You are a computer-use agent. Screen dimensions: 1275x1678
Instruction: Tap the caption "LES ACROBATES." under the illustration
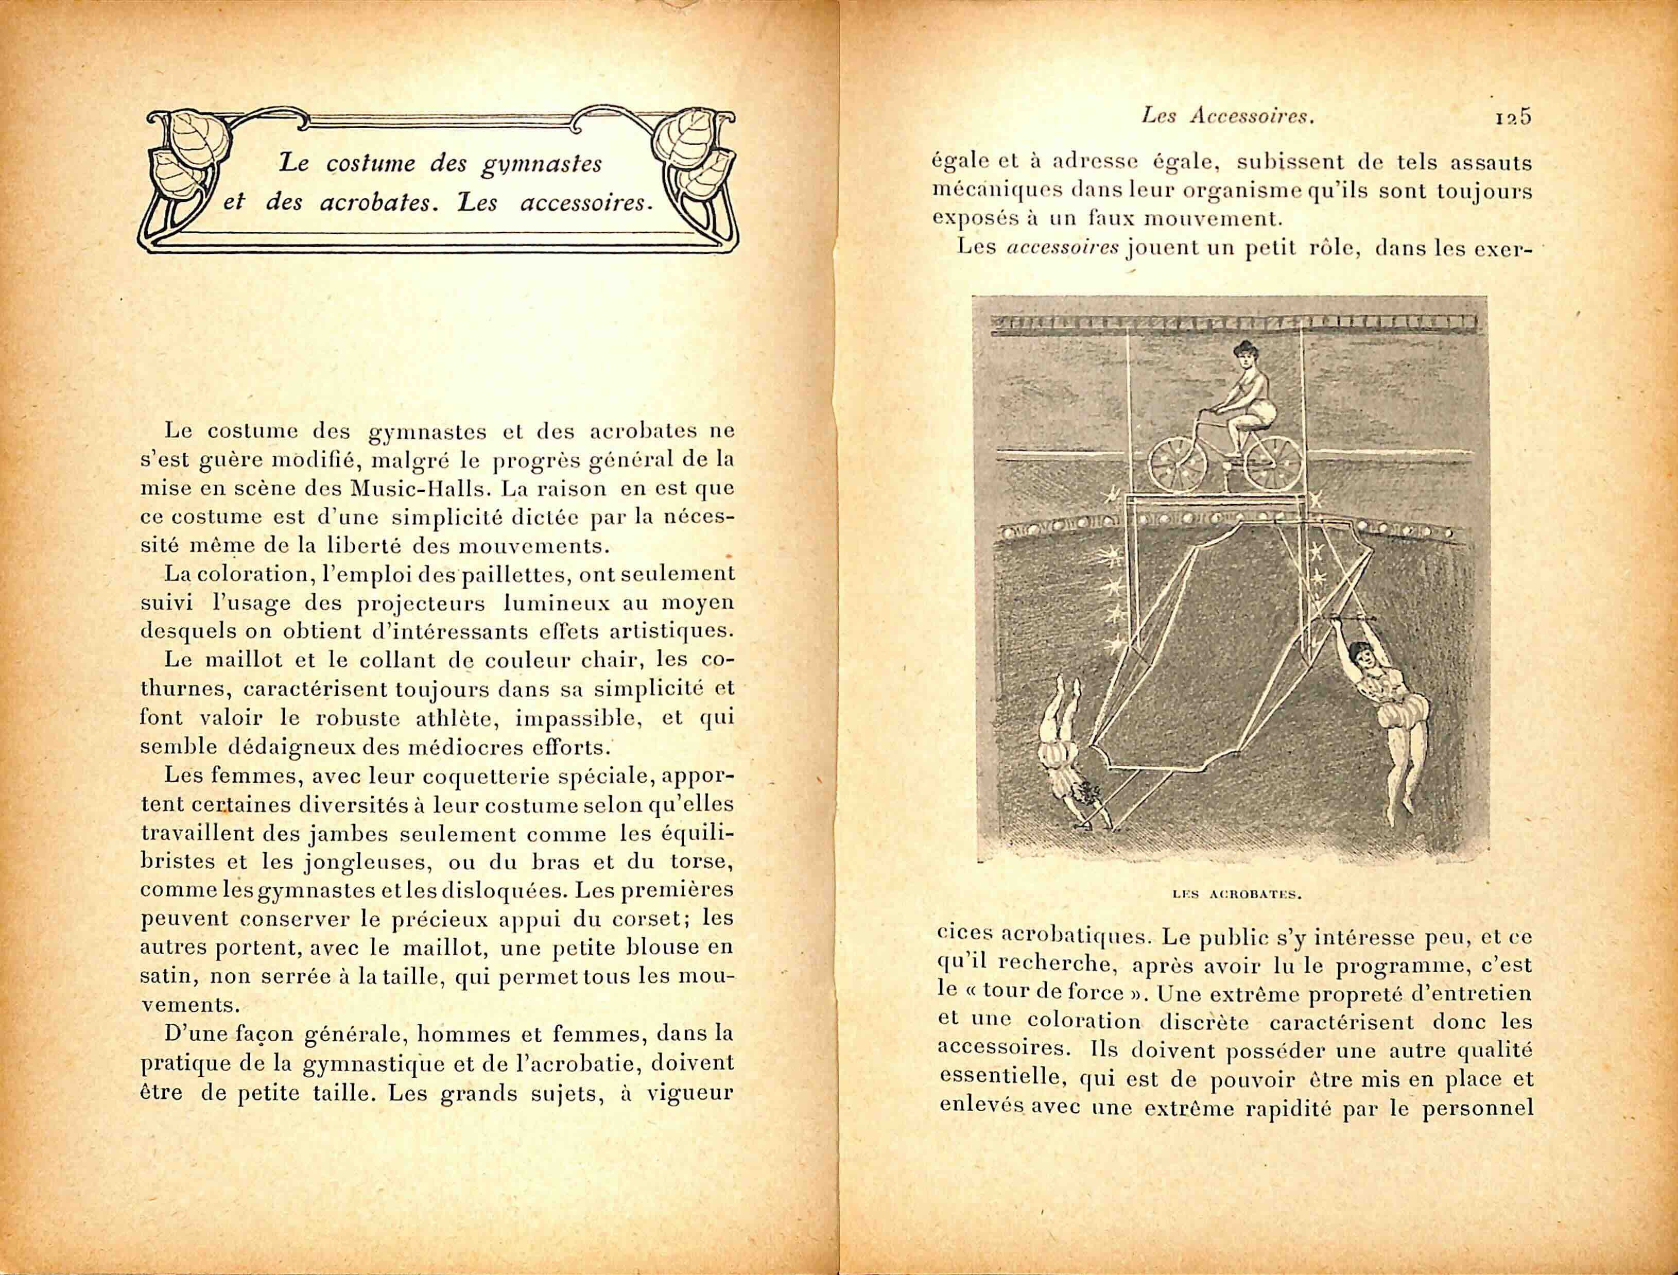pyautogui.click(x=1236, y=893)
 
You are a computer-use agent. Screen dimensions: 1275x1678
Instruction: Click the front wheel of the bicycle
pyautogui.click(x=1177, y=462)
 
